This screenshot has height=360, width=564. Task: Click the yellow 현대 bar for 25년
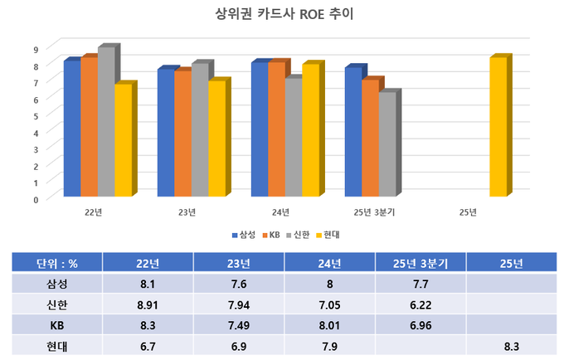(x=497, y=128)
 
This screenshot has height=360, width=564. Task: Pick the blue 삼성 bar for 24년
(x=259, y=130)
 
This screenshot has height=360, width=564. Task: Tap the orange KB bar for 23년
(x=182, y=134)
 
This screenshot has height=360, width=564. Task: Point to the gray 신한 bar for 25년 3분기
(x=387, y=144)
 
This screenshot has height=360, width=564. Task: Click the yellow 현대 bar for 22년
(x=122, y=141)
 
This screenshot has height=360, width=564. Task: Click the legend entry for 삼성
(x=243, y=235)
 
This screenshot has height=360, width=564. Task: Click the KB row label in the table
(x=57, y=324)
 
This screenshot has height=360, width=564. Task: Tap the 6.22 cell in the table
(x=421, y=304)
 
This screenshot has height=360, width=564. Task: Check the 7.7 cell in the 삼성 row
(x=421, y=284)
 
